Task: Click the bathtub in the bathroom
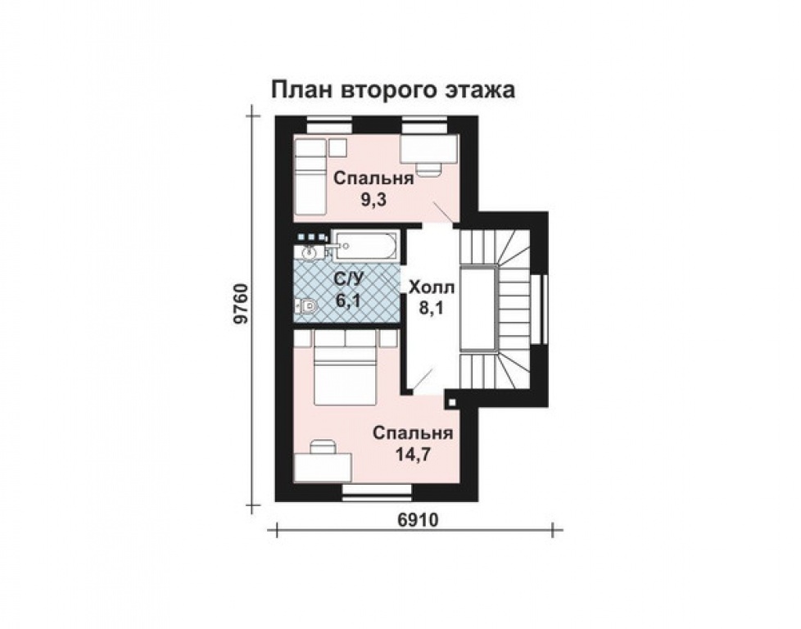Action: pyautogui.click(x=365, y=245)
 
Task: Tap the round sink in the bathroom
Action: pyautogui.click(x=310, y=251)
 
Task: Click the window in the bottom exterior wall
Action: pyautogui.click(x=376, y=491)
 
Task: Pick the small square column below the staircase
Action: pyautogui.click(x=450, y=402)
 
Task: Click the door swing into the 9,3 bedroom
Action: pyautogui.click(x=442, y=210)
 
